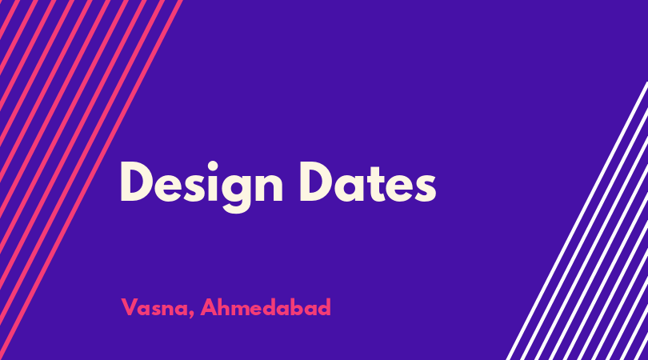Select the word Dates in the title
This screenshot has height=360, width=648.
point(368,182)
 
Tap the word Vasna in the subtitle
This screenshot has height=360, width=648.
point(154,307)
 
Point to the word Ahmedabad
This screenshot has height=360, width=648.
point(266,307)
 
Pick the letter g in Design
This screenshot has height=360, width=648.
point(236,193)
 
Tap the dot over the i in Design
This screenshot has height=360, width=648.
point(213,166)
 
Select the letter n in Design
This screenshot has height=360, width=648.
point(270,187)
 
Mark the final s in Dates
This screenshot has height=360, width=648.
point(426,188)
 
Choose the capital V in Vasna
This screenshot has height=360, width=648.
point(129,307)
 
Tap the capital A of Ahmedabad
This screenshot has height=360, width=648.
point(209,307)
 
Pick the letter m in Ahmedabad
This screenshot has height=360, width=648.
point(245,310)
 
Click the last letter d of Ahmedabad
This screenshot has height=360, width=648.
point(324,306)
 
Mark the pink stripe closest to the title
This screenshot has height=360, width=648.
point(90,180)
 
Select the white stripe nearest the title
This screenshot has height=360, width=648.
point(578,220)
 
